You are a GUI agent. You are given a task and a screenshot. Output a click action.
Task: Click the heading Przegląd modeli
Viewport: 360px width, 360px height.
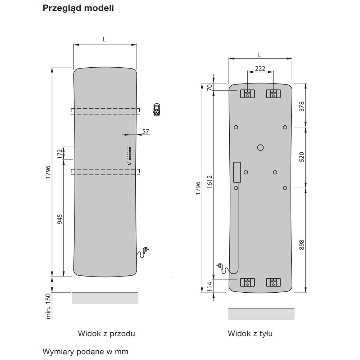pyautogui.click(x=78, y=8)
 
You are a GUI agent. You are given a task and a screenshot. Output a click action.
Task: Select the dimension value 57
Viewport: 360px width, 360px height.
pyautogui.click(x=145, y=131)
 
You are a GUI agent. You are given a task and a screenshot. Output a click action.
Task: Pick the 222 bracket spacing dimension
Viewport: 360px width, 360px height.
pyautogui.click(x=260, y=68)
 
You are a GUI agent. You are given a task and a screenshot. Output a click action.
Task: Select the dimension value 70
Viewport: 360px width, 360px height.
pyautogui.click(x=210, y=87)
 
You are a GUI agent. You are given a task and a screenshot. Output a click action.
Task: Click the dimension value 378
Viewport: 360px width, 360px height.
pyautogui.click(x=302, y=107)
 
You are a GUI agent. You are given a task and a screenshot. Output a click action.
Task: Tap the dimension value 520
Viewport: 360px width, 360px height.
pyautogui.click(x=302, y=157)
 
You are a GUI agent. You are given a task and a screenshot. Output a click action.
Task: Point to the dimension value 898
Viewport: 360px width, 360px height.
pyautogui.click(x=302, y=245)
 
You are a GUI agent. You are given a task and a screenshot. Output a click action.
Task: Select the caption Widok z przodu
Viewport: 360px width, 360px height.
pyautogui.click(x=106, y=334)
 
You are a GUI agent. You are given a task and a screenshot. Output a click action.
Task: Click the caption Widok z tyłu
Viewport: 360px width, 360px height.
pyautogui.click(x=250, y=334)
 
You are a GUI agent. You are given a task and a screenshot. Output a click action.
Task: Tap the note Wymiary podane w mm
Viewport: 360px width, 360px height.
pyautogui.click(x=85, y=351)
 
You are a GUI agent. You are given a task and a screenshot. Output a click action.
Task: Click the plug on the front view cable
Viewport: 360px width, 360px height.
pyautogui.click(x=146, y=249)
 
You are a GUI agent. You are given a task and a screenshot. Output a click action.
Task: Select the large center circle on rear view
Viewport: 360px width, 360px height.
pyautogui.click(x=261, y=147)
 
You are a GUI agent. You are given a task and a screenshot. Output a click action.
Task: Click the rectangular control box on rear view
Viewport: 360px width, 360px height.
pyautogui.click(x=237, y=172)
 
